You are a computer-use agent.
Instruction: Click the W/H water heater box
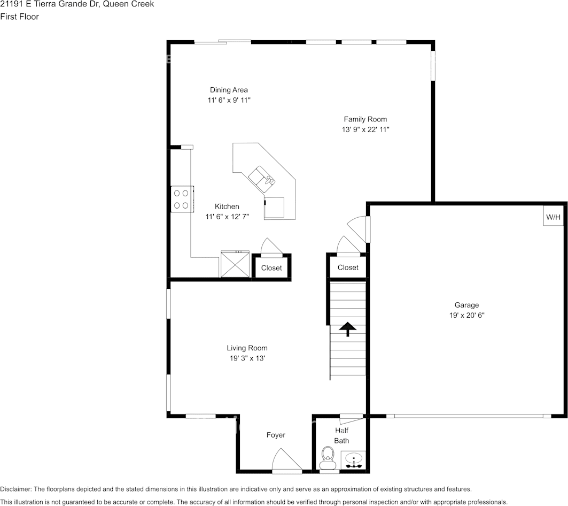click(553, 217)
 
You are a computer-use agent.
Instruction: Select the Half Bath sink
click(353, 460)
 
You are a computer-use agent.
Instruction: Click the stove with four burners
click(181, 199)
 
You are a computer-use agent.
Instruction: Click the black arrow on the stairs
click(348, 329)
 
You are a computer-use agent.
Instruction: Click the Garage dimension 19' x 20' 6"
click(466, 316)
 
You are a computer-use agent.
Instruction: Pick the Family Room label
click(365, 119)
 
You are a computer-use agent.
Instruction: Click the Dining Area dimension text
click(229, 100)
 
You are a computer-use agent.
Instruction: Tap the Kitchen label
click(227, 206)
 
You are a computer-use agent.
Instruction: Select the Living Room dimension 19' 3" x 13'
click(247, 358)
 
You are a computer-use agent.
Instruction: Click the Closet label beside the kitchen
click(271, 268)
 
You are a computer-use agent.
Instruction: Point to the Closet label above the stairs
click(348, 267)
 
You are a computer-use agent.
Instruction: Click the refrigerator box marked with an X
click(235, 265)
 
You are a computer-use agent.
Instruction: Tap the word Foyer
click(276, 435)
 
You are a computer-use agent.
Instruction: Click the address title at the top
click(77, 4)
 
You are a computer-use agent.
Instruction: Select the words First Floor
click(19, 17)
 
